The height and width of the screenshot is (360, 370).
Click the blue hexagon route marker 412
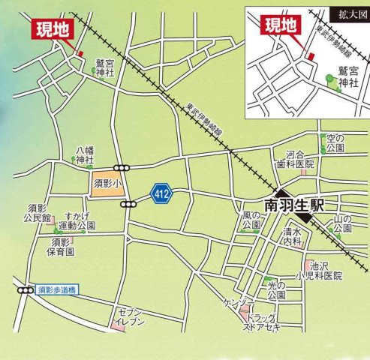pyautogui.click(x=160, y=194)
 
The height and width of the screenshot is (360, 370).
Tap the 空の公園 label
pyautogui.click(x=333, y=142)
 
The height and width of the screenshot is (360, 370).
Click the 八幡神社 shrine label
pyautogui.click(x=85, y=154)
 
